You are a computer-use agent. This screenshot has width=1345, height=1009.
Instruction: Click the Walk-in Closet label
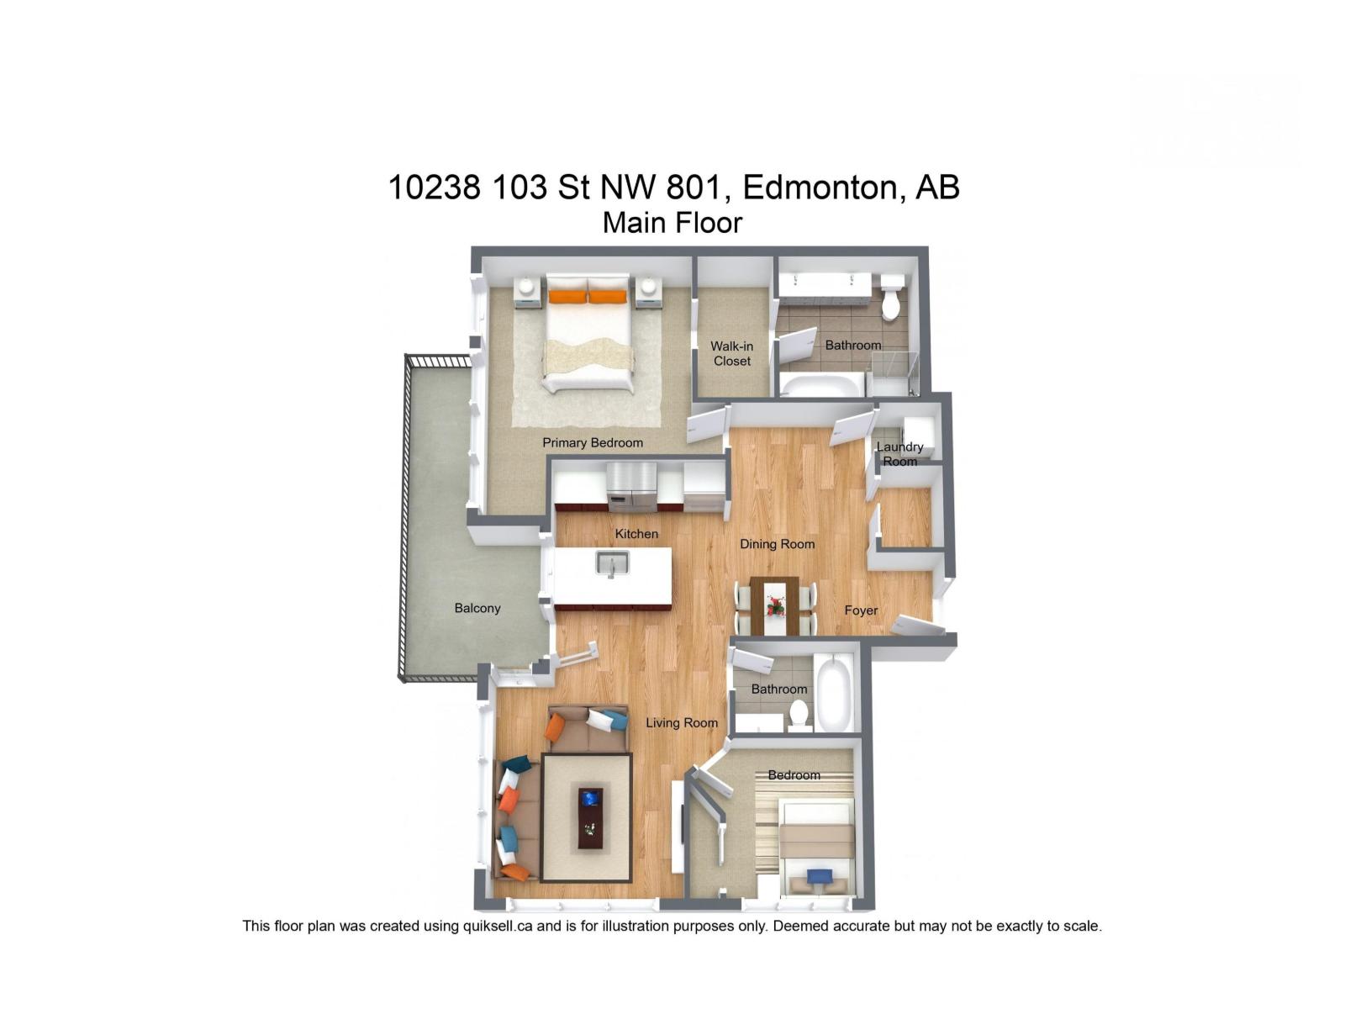tap(731, 354)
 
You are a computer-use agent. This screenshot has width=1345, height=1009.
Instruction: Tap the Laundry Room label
tap(899, 454)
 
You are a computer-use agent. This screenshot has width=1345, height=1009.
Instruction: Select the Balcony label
tap(477, 608)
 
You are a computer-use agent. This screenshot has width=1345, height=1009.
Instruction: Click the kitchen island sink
tap(612, 563)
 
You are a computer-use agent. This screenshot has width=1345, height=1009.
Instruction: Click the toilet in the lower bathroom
tap(799, 715)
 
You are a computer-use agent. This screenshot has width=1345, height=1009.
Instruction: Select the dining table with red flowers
tap(774, 605)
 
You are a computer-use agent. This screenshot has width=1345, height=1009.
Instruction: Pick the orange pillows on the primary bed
tap(588, 296)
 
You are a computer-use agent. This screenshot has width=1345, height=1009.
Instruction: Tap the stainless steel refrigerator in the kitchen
tap(631, 487)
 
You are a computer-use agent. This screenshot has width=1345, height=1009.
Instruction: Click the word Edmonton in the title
tap(820, 187)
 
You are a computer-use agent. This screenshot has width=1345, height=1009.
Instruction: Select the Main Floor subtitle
tap(672, 223)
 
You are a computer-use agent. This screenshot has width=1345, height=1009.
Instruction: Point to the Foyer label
tap(861, 610)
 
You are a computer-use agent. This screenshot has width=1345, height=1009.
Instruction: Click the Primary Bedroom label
tap(593, 442)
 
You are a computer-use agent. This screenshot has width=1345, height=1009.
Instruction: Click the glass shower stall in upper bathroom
tap(893, 373)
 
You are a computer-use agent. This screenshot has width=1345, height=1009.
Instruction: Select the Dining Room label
tap(777, 544)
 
